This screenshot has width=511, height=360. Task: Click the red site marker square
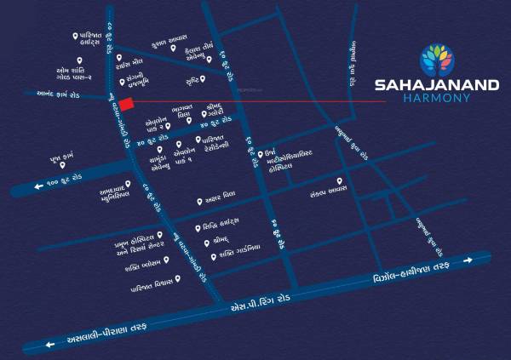click(125, 105)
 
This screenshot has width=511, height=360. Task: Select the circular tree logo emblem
click(438, 58)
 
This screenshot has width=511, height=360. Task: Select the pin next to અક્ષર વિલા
click(199, 202)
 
